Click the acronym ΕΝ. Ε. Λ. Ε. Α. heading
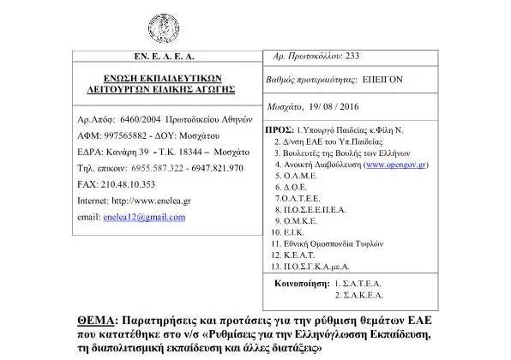(157, 56)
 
